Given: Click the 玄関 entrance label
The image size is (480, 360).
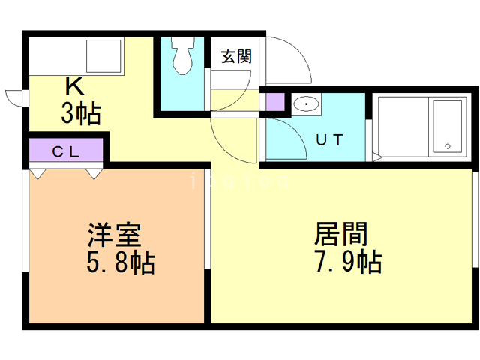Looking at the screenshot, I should (235, 57).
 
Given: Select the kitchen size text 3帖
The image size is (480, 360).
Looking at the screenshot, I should (80, 115).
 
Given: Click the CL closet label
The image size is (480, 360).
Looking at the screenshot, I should (66, 150).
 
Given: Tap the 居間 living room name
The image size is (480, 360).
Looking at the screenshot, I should (340, 235).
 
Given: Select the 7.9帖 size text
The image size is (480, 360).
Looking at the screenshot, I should (346, 262).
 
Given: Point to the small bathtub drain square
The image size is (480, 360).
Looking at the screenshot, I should (448, 145).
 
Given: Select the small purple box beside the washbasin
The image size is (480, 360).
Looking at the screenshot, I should (274, 101).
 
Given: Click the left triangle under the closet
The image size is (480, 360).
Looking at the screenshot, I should (39, 174).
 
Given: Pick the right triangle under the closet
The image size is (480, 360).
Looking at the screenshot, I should (94, 174).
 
